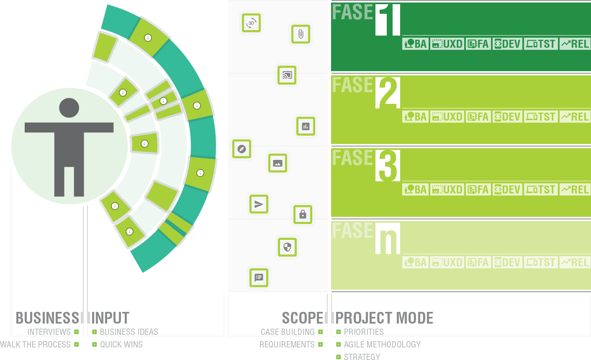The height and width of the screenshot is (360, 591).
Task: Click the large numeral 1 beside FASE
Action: pyautogui.click(x=388, y=20)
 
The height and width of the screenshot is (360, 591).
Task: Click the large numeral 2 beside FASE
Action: pyautogui.click(x=388, y=93)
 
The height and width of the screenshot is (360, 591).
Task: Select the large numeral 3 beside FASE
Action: pyautogui.click(x=388, y=165)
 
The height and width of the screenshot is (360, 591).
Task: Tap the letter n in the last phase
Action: pyautogui.click(x=388, y=239)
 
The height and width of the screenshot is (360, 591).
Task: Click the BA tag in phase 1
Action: pyautogui.click(x=415, y=44)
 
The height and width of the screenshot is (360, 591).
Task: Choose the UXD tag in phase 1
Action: pyautogui.click(x=447, y=44)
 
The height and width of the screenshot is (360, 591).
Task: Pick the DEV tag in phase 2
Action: pyautogui.click(x=507, y=117)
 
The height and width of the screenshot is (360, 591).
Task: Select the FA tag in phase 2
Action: pyautogui.click(x=478, y=117)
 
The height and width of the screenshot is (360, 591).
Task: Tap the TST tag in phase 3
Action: pyautogui.click(x=541, y=190)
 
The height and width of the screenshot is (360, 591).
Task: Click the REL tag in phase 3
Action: pyautogui.click(x=575, y=190)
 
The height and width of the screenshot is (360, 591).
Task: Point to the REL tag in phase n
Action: pyautogui.click(x=575, y=262)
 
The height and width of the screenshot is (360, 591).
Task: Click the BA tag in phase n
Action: pyautogui.click(x=415, y=262)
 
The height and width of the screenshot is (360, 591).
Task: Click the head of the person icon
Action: pyautogui.click(x=69, y=108)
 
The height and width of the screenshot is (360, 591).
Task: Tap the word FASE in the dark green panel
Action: pyautogui.click(x=352, y=12)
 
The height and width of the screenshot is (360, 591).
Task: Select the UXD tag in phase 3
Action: pyautogui.click(x=447, y=190)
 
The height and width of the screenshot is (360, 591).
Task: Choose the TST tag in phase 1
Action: pyautogui.click(x=541, y=44)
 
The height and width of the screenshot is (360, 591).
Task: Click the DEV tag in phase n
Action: pyautogui.click(x=507, y=262)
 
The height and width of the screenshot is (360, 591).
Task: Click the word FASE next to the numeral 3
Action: pyautogui.click(x=352, y=158)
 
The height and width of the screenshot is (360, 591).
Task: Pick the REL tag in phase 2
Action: pyautogui.click(x=575, y=117)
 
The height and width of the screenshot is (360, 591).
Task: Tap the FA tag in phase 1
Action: pyautogui.click(x=478, y=44)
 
